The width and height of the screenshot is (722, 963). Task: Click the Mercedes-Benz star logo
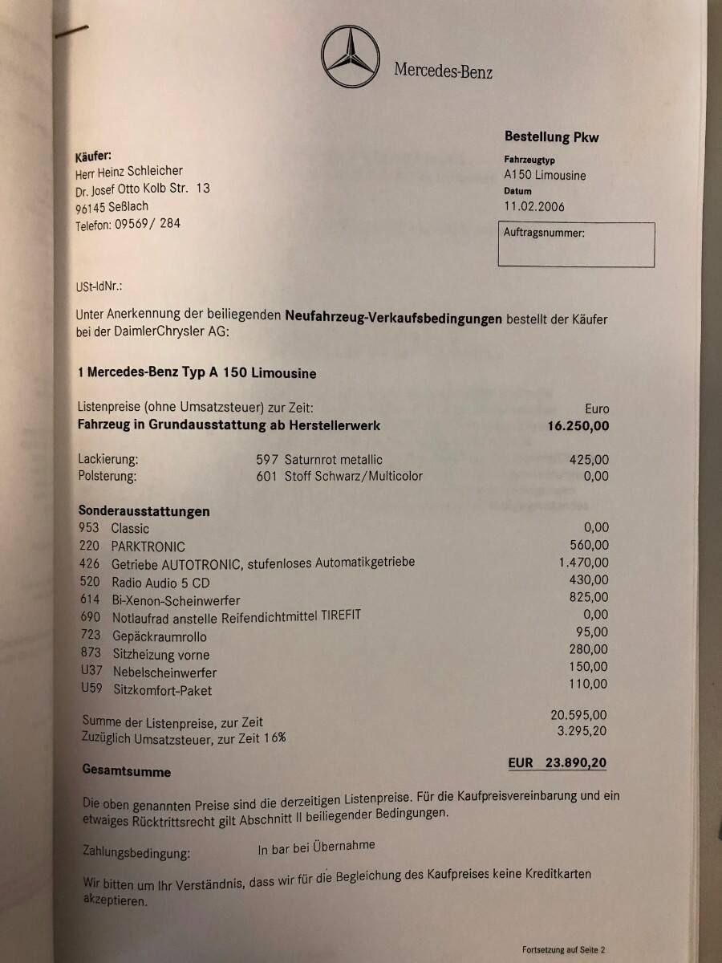[x=351, y=56]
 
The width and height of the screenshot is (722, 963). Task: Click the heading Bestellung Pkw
[x=551, y=137]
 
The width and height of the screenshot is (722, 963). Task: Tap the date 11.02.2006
[x=533, y=206]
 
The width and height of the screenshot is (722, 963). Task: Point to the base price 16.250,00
[x=573, y=426]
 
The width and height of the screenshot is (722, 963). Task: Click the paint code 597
[x=267, y=460]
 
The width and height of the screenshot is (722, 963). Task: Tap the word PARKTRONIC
[x=148, y=547]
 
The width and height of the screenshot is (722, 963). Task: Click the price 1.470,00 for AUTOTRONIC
[x=583, y=563]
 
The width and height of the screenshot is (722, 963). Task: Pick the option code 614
[x=90, y=599]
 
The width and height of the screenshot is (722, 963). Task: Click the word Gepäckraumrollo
[x=159, y=636]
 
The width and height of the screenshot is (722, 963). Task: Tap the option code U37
[x=91, y=671]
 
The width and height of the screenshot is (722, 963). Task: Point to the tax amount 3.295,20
[x=581, y=731]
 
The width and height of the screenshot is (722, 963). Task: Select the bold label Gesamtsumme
[x=127, y=771]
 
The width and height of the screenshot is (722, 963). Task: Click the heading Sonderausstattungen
[x=144, y=510]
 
